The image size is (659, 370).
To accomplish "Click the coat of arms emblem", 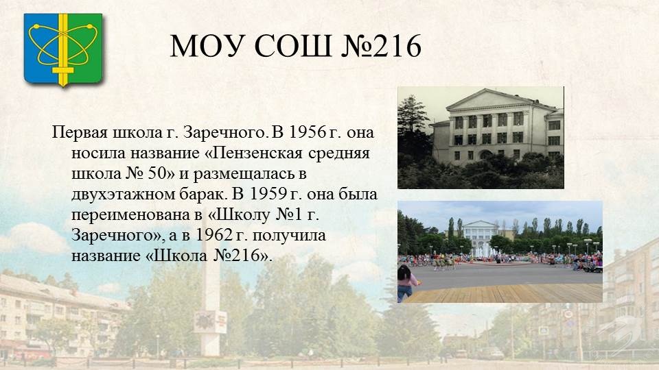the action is click(63, 49).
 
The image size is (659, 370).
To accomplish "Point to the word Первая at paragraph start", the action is click(80, 133).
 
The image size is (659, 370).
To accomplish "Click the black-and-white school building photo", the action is click(481, 138).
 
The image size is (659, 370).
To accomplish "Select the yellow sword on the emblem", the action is click(63, 49).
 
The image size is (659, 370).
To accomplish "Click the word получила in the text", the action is click(289, 236).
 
